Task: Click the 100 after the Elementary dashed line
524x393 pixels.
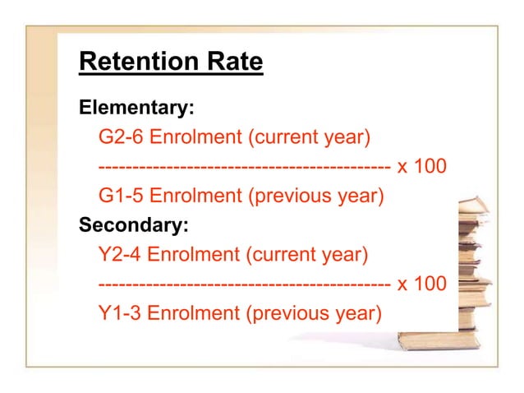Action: pyautogui.click(x=430, y=166)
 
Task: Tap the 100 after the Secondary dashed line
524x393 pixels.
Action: pyautogui.click(x=430, y=284)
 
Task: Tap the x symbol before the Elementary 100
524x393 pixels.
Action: pyautogui.click(x=402, y=167)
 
